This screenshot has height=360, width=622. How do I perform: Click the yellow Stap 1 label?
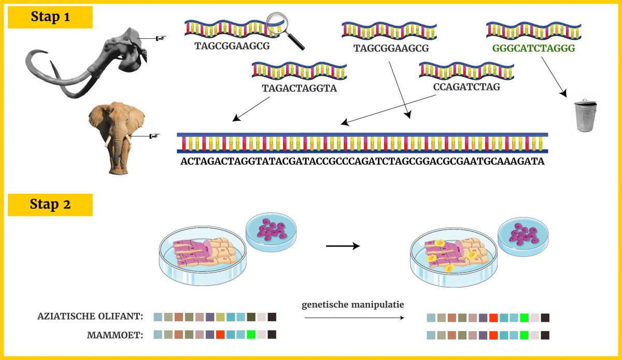point(50,17)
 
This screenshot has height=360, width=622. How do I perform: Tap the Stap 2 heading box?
point(50,205)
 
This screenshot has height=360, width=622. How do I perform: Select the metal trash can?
point(585,115)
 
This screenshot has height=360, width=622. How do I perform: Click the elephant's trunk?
point(118,155)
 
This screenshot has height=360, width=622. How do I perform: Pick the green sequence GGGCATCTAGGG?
point(533,48)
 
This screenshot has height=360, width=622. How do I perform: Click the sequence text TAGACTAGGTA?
point(300,88)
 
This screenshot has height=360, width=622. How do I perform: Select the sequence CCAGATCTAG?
point(466,87)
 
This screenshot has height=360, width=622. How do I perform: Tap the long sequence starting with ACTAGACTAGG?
point(362,161)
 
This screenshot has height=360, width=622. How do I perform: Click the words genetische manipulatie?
point(352,305)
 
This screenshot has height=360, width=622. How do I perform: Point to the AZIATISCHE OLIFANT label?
point(90,316)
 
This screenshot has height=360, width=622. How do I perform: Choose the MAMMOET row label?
point(115,335)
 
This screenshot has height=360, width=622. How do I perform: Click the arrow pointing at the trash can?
point(554,77)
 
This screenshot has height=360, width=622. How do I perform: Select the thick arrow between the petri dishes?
point(343,246)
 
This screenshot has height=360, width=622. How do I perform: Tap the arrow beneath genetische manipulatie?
point(355,318)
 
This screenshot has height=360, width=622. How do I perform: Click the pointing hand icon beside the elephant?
point(154,136)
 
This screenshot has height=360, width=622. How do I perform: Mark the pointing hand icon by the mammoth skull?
point(161,38)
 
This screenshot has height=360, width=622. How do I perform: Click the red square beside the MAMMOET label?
point(220,335)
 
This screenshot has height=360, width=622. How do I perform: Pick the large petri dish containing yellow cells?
point(454,257)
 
